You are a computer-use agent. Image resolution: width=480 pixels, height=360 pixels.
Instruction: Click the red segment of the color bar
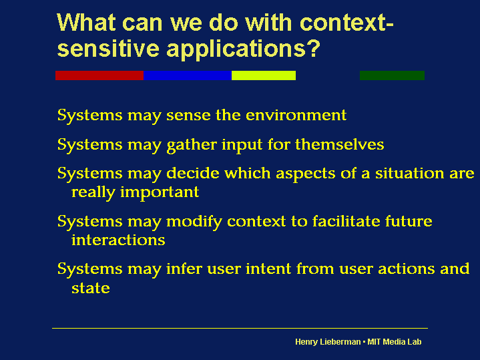point(99,75)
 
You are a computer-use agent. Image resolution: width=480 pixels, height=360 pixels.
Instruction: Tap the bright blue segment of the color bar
point(188,75)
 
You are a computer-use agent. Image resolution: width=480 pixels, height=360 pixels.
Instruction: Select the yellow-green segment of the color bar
point(264,75)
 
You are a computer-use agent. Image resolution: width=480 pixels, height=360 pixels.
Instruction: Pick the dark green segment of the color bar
point(392,75)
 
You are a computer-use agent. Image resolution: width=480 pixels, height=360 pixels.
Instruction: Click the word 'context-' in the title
point(346,23)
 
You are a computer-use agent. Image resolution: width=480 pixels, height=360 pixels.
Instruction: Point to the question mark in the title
point(313,48)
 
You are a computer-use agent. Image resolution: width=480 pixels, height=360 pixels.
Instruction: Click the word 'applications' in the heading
point(236,49)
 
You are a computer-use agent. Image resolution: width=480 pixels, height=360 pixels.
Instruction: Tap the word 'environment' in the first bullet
point(296,115)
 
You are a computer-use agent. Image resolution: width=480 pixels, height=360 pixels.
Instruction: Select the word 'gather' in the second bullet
point(192,145)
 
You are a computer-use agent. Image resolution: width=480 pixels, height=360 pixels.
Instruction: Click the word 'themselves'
point(340,144)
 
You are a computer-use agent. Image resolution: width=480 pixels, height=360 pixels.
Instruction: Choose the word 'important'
point(160,193)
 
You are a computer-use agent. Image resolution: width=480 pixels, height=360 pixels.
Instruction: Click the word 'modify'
point(194,222)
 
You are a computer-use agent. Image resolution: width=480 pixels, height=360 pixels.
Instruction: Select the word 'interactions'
point(118,240)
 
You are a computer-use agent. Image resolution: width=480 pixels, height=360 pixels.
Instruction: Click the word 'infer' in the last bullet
point(184,268)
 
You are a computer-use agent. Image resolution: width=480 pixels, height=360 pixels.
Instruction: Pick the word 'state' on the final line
point(91,288)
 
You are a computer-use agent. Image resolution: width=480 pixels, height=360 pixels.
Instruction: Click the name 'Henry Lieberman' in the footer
point(328,342)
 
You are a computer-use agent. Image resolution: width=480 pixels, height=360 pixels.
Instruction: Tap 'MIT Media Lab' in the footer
point(395,341)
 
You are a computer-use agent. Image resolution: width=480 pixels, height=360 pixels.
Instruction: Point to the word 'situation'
point(409,173)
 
